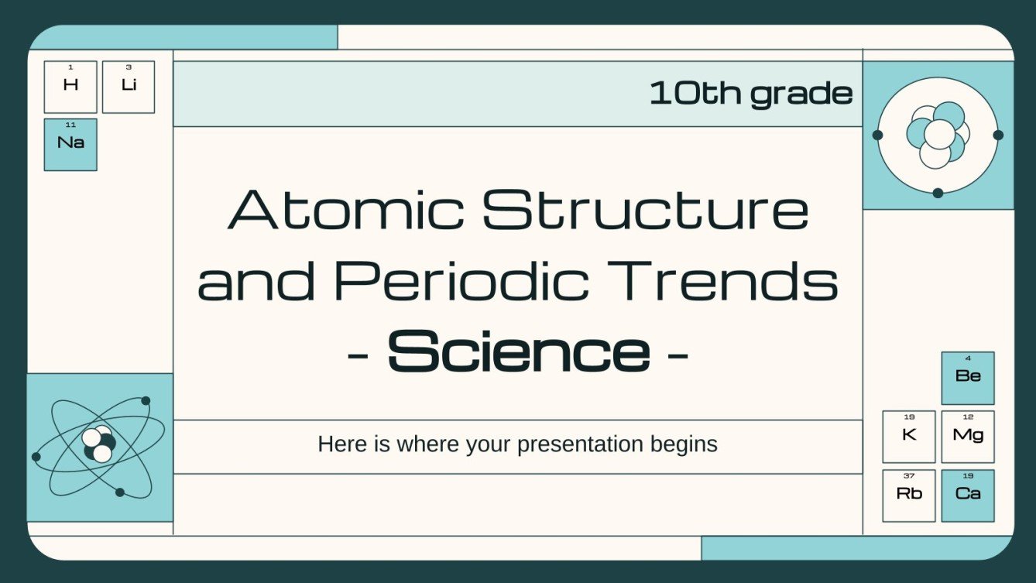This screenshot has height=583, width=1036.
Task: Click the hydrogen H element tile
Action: (x=70, y=87)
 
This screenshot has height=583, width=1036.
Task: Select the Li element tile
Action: (x=129, y=87)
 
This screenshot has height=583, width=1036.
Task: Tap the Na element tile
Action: (x=70, y=145)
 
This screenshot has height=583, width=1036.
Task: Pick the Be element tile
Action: (x=968, y=378)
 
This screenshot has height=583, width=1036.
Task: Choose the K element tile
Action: (x=909, y=437)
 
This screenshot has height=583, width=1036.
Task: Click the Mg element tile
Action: (x=968, y=437)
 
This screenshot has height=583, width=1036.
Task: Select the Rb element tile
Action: (x=909, y=496)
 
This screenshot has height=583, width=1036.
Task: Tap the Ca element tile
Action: (x=968, y=496)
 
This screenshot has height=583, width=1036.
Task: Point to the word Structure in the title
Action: (x=646, y=211)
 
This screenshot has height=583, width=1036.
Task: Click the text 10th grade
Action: (x=750, y=94)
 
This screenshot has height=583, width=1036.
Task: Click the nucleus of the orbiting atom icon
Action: (x=98, y=443)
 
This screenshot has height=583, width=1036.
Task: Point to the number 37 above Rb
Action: (x=909, y=475)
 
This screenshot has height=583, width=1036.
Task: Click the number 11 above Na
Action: (x=70, y=125)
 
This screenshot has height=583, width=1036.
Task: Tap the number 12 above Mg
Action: (x=968, y=417)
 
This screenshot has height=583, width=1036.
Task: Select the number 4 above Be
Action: (x=968, y=358)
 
